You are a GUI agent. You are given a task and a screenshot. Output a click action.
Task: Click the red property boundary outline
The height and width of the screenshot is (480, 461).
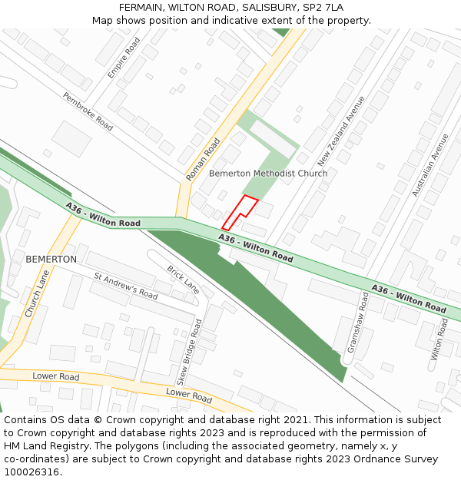coord(240,213)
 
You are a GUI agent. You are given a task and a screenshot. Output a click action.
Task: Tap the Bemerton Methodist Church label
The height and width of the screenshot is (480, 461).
coord(268,174)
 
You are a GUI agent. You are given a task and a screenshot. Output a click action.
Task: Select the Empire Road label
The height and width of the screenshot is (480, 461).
coord(124,58)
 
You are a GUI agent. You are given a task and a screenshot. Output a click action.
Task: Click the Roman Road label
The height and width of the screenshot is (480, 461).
coord(203,160)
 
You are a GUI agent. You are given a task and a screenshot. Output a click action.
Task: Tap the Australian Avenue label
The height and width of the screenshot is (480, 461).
coord(430,165)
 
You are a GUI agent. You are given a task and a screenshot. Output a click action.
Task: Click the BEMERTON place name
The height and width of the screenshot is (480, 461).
coord(51,260)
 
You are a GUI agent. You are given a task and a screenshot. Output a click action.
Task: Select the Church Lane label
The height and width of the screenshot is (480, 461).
coord(37,293)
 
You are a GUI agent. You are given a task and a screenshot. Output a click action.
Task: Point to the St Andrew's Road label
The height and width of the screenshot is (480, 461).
coord(126,285)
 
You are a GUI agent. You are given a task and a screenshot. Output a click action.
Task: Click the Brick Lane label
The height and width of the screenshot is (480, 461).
coord(183,280)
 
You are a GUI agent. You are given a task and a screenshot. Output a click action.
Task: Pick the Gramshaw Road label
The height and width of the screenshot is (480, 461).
coord(358,322)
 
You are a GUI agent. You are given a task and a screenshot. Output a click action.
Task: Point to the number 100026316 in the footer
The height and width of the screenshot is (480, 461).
coord(32,472)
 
